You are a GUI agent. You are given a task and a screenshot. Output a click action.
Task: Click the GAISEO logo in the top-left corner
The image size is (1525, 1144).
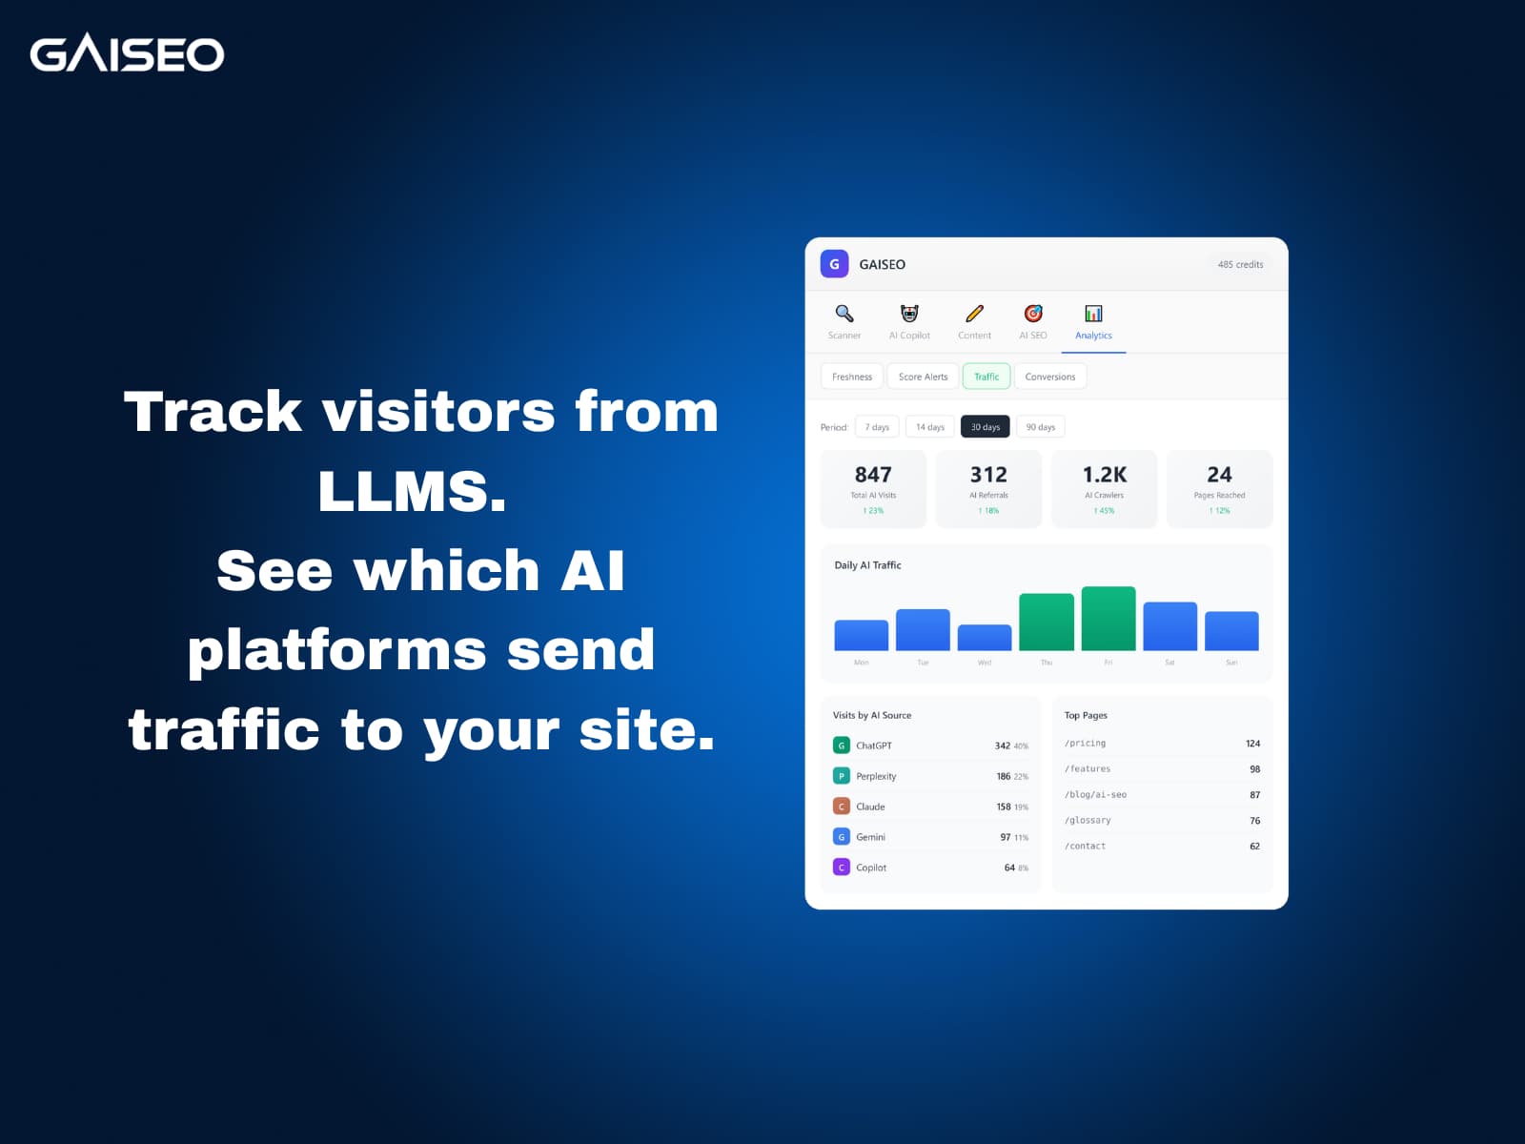127,53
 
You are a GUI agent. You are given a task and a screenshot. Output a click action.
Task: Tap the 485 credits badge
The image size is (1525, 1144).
1240,264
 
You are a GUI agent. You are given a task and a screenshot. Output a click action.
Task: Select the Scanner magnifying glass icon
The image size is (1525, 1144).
844,314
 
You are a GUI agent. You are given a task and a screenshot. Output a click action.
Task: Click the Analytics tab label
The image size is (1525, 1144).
1093,336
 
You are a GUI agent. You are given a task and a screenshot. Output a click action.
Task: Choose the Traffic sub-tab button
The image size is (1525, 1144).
986,377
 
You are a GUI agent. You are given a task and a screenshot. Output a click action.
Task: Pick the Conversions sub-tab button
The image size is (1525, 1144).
1049,377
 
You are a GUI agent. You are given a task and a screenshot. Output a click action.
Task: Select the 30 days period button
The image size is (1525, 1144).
985,427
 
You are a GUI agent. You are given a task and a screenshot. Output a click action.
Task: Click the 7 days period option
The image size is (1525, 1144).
877,427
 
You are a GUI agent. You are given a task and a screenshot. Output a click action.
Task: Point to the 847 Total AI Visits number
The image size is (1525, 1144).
873,475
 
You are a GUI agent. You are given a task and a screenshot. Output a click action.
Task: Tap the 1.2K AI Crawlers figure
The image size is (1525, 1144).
1105,475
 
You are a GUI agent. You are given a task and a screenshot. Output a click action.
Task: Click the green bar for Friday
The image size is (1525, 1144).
1108,619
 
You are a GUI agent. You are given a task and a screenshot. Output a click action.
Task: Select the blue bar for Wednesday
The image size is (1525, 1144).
985,638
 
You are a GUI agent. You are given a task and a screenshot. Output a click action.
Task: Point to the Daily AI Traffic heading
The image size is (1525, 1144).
867,565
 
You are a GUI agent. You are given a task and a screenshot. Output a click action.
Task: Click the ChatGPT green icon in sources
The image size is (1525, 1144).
842,746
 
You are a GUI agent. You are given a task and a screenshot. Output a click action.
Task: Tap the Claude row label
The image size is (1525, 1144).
870,807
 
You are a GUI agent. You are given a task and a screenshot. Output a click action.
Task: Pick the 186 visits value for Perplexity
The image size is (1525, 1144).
1003,776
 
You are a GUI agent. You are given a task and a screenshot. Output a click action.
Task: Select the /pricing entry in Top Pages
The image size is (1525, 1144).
1086,744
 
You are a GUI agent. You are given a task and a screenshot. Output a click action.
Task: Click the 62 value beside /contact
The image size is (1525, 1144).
1254,847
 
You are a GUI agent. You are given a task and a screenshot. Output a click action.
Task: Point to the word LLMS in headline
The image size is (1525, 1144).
412,491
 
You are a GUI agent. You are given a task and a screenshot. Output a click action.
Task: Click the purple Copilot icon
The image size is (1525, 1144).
842,868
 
